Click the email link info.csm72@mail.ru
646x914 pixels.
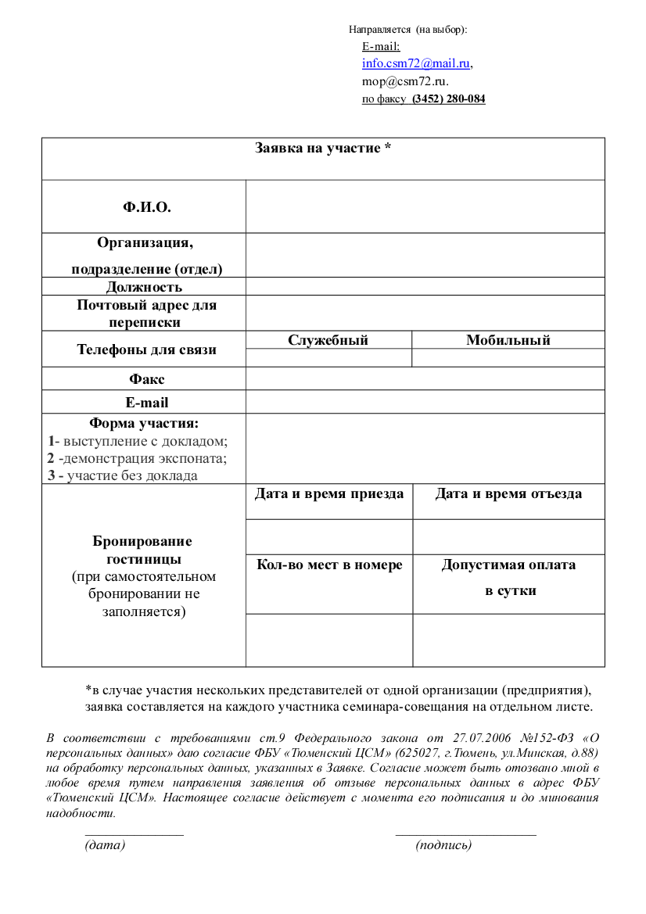[x=415, y=64]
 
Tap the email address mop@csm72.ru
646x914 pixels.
[x=404, y=81]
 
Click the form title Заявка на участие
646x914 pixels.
[x=323, y=148]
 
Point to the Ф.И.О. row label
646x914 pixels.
[x=146, y=207]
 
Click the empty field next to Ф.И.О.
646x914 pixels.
[x=425, y=206]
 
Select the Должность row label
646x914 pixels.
[x=144, y=287]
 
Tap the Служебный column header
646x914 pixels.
[x=328, y=340]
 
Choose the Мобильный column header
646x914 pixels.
[x=508, y=340]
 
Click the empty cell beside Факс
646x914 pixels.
[x=425, y=379]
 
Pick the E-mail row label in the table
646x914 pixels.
[x=147, y=403]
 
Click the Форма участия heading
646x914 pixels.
[x=144, y=424]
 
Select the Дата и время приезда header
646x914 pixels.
[x=329, y=494]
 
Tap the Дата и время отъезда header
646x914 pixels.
[x=508, y=494]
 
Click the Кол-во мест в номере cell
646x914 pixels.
[x=329, y=565]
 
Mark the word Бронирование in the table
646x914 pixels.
[x=142, y=542]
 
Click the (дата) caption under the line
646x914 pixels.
[x=105, y=845]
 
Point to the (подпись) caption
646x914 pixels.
[x=443, y=845]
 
